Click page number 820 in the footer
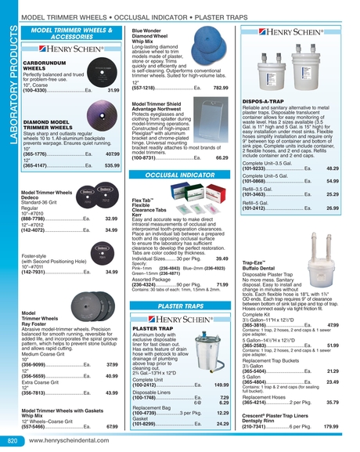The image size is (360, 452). pos(11,442)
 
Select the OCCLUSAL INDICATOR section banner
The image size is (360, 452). pos(174,176)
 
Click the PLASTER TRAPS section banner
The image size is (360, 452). pos(174,306)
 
